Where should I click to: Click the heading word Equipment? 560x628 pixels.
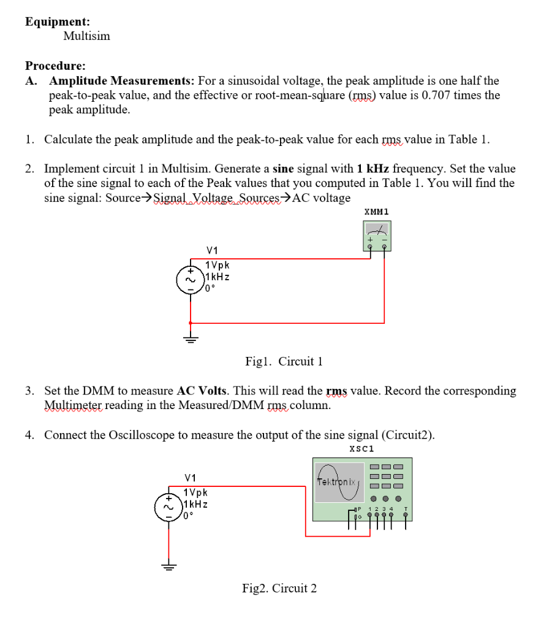[57, 21]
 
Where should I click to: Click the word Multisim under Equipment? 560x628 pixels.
[86, 36]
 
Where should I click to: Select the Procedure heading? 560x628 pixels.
[55, 66]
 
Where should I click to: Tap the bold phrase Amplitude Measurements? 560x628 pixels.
[122, 80]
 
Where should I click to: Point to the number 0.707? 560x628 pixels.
[436, 95]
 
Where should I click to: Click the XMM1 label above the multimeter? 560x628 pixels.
[376, 212]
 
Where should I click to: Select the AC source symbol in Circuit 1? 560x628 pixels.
[190, 280]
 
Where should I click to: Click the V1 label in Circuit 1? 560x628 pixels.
[213, 250]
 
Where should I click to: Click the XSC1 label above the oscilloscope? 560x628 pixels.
[361, 449]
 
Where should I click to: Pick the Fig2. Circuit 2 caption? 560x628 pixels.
[279, 589]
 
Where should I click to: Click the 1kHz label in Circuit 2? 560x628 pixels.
[195, 504]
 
